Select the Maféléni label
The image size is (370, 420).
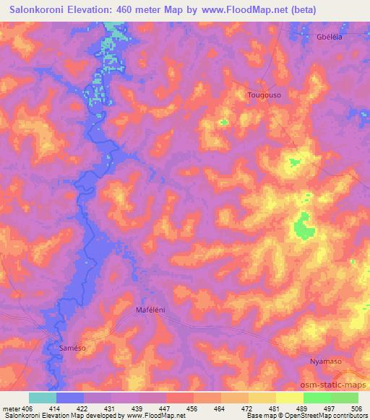151,310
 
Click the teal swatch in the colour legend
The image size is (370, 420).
43,398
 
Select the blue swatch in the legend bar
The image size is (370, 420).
70,398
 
